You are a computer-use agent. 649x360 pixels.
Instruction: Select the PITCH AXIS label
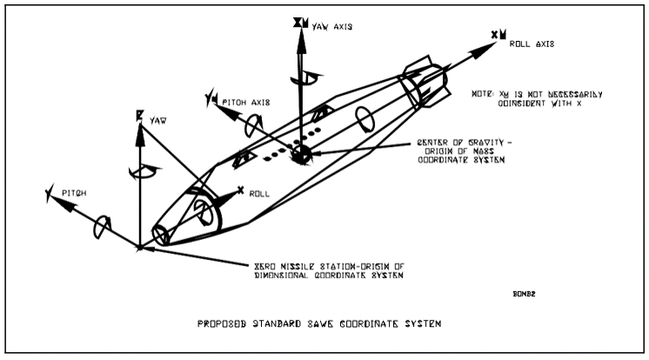(246, 102)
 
